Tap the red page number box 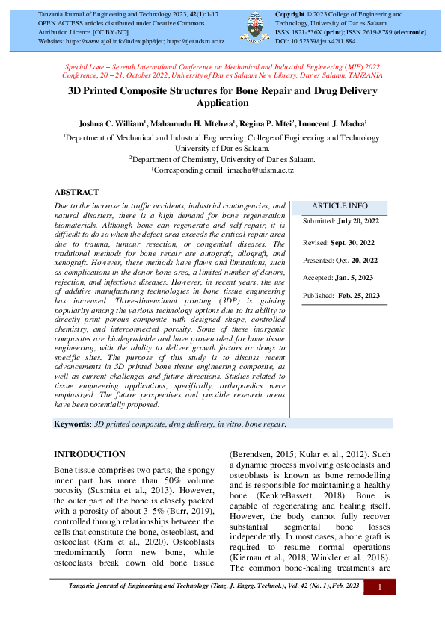pos(380,589)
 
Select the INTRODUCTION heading pos(90,454)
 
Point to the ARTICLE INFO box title pos(340,205)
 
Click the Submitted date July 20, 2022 pos(359,222)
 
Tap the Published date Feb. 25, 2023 pos(358,296)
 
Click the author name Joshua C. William pos(112,122)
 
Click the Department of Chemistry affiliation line pos(222,159)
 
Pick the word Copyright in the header pos(292,14)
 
